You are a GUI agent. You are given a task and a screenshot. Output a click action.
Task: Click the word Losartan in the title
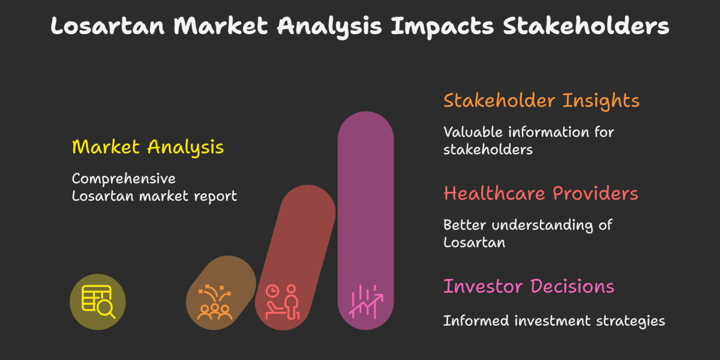coord(108,26)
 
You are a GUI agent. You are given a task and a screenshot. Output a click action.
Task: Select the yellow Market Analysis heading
coord(148,147)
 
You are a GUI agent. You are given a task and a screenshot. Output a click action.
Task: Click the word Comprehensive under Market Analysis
coord(124,179)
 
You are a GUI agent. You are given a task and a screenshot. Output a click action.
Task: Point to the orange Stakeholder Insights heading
coord(541,100)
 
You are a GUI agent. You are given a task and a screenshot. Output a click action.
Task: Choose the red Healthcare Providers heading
coord(541,193)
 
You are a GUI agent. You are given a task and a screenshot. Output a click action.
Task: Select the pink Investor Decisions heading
coord(529,286)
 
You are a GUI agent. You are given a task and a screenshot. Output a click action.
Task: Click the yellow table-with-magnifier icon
coord(98,302)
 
